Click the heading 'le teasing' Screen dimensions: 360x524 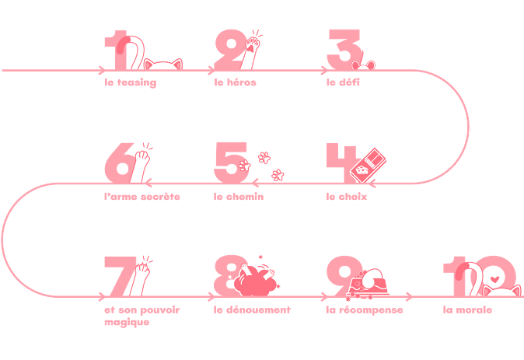[131, 82]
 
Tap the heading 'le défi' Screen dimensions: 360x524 [342, 82]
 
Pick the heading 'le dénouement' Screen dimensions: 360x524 [252, 309]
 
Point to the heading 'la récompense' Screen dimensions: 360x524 [365, 309]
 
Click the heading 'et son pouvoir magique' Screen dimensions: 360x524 [141, 315]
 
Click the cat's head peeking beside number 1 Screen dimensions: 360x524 [163, 65]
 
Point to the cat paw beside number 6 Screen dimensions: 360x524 [141, 163]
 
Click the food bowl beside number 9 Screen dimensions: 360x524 [372, 288]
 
